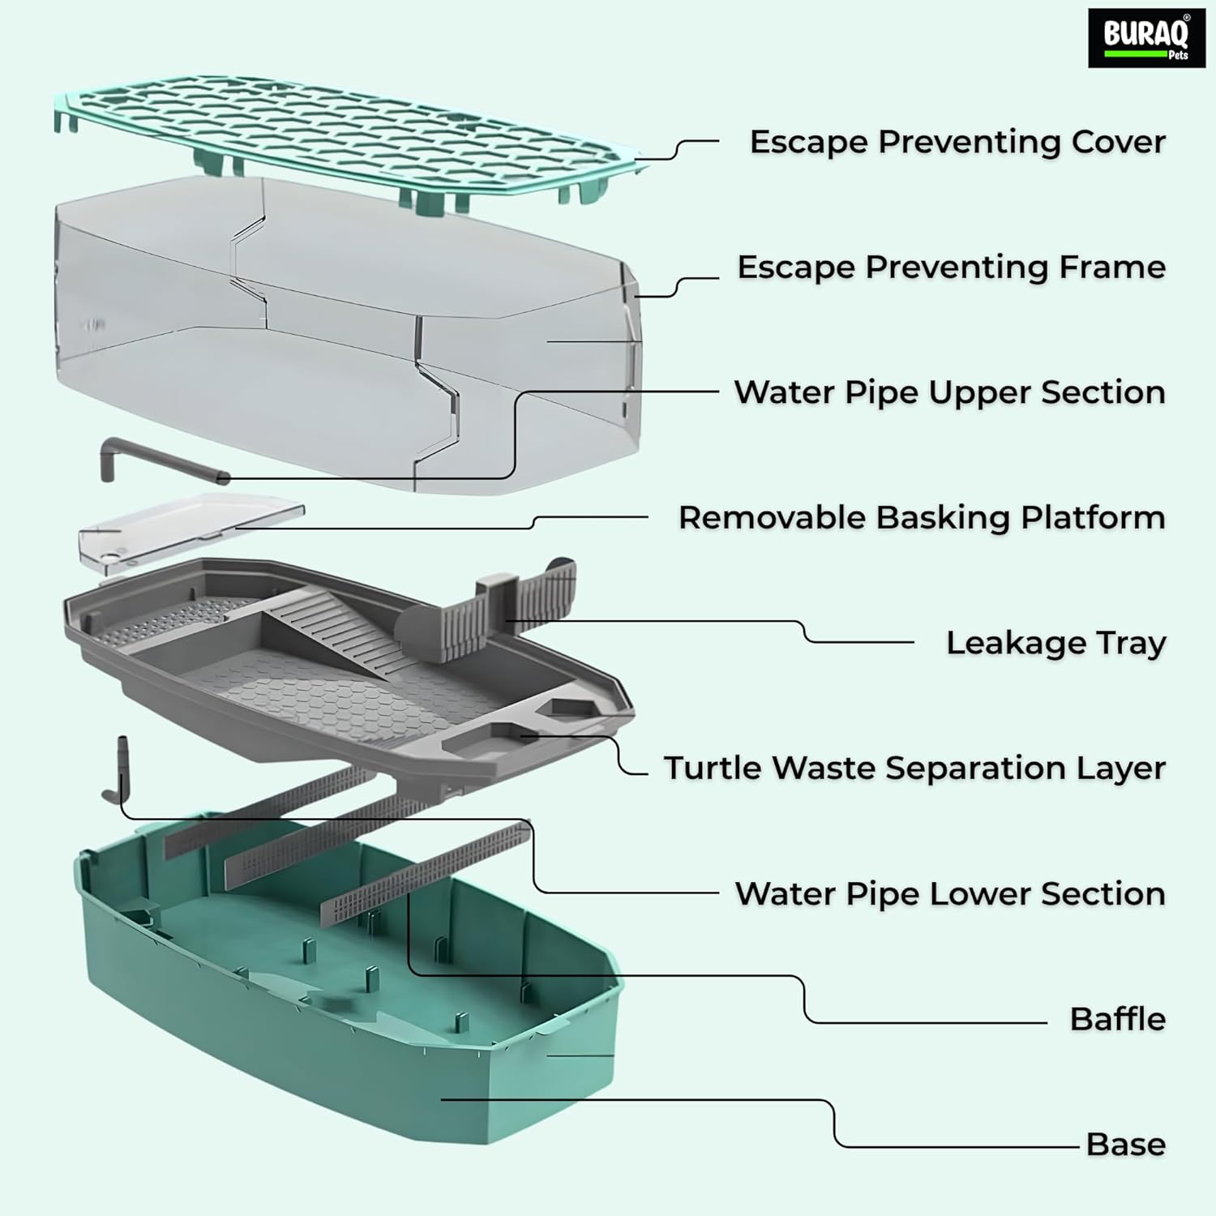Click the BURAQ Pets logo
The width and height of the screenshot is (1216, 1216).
tap(1145, 37)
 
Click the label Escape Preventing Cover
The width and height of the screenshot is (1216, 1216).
tap(957, 142)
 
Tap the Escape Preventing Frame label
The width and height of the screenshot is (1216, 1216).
tap(950, 268)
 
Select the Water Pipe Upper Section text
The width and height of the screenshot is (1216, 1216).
tap(949, 392)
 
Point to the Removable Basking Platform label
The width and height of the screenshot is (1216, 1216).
tap(921, 518)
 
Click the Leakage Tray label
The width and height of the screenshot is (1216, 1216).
tap(1055, 643)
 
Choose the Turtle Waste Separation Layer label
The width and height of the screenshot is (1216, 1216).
tap(914, 769)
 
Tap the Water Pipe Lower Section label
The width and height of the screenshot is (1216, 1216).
tap(949, 893)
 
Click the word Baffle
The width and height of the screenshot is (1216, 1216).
tap(1117, 1019)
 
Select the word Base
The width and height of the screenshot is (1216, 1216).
tap(1125, 1145)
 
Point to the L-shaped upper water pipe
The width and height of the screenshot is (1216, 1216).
tap(154, 459)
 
